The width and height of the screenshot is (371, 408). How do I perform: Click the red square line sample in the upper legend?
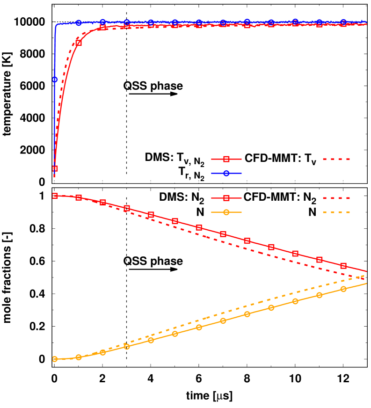pos(226,159)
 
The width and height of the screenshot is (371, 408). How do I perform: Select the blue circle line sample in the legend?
pos(226,173)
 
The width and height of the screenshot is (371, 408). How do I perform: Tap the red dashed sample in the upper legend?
pos(336,159)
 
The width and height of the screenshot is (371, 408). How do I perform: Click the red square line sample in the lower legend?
pos(226,198)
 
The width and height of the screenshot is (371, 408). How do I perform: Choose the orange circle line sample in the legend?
pos(226,212)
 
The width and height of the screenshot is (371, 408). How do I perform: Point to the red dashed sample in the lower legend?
pos(336,198)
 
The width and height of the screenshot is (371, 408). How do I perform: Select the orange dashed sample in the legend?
pos(336,212)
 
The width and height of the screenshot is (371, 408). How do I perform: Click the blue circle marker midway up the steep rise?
pos(55,80)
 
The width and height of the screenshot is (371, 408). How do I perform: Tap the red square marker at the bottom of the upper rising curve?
pos(55,168)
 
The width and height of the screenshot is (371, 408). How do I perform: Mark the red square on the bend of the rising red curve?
pos(79,43)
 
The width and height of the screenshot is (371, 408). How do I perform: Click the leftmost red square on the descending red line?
pos(55,196)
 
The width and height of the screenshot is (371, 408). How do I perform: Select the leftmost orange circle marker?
pos(55,359)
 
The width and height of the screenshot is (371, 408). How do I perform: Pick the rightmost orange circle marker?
pos(343,289)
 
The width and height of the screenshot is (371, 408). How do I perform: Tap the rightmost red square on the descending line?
pos(343,266)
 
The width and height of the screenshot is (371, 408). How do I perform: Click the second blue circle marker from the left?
pos(79,23)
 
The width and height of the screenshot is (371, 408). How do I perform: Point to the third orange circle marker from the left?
pos(103,352)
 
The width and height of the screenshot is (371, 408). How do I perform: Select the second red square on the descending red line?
pos(79,197)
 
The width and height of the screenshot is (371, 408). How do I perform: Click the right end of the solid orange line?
pos(366,284)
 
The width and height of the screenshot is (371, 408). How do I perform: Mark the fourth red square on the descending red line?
pos(127,208)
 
